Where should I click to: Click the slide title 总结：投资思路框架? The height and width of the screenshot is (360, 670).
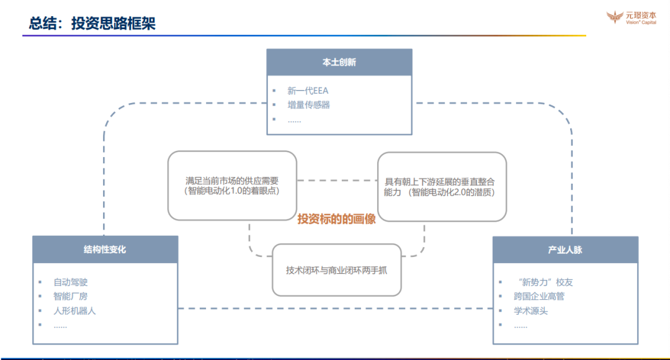[x=92, y=24]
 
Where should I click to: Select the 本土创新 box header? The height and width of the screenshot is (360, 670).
[x=339, y=62]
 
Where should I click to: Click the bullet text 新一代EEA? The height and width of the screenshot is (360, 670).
[x=308, y=91]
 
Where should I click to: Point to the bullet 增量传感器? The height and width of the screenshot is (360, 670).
[x=309, y=105]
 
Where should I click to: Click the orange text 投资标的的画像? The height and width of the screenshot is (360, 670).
[x=336, y=218]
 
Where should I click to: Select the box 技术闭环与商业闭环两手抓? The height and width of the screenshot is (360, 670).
[x=336, y=271]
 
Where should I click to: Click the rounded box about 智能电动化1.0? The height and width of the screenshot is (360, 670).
[x=232, y=186]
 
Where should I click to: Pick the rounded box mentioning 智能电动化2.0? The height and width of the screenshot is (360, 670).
[x=442, y=187]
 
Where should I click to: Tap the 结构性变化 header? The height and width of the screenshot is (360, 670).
[x=105, y=250]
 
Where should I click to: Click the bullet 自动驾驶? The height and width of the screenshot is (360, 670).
[x=71, y=282]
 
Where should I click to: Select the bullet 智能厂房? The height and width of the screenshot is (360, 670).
[x=71, y=297]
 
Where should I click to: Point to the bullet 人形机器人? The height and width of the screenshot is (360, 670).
[x=74, y=310]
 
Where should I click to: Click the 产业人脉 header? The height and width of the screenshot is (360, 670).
[x=565, y=250]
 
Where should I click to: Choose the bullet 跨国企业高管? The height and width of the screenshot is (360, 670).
[x=539, y=297]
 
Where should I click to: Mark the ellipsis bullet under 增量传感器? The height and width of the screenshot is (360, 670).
[x=294, y=120]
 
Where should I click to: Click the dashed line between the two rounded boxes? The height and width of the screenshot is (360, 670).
[x=337, y=181]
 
